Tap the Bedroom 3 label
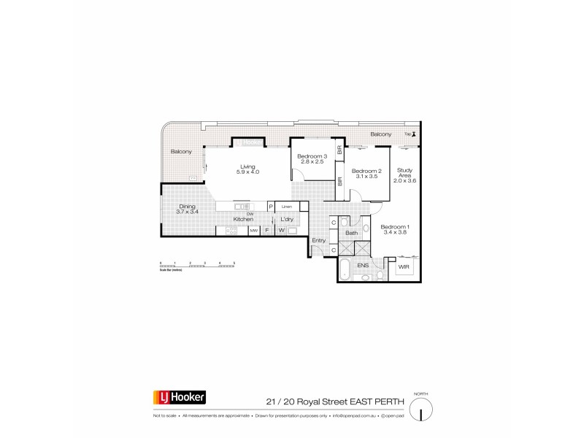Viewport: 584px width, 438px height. coord(312,157)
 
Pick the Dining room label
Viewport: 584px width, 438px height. coord(188,210)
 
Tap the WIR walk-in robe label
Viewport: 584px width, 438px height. coord(404,267)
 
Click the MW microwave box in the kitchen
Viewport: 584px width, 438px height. coord(254,231)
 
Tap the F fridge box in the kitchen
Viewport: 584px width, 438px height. coord(267,231)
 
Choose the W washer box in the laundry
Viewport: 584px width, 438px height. coord(280,231)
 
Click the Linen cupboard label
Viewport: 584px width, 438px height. coord(287,207)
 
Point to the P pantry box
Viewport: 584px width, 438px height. coord(270,207)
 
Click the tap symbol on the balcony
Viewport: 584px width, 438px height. coord(414,134)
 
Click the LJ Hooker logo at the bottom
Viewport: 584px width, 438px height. coord(180,399)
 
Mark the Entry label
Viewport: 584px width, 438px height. coord(318,240)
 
